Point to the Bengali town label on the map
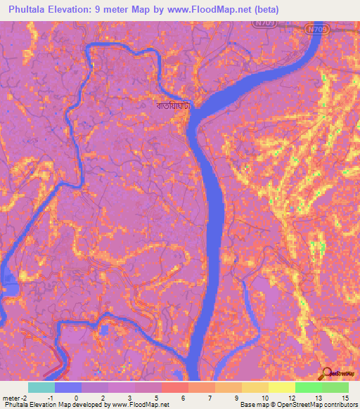pyautogui.click(x=173, y=106)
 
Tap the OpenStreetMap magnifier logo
pyautogui.click(x=326, y=372)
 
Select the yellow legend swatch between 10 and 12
pyautogui.click(x=281, y=387)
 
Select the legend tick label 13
pyautogui.click(x=321, y=398)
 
